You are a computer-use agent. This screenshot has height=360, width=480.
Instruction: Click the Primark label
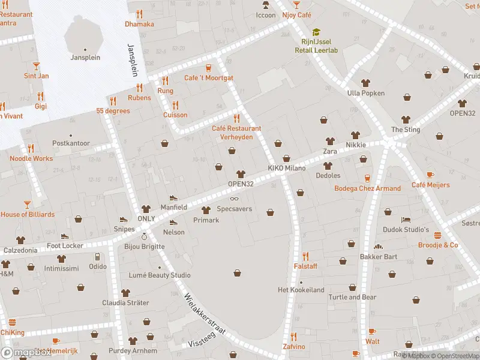pos(206,220)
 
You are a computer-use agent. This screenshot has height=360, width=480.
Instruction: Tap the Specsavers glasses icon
pos(234,199)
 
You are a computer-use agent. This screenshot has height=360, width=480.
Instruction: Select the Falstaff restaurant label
pos(305,266)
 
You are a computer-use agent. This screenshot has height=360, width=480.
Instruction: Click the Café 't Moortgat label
pos(209,78)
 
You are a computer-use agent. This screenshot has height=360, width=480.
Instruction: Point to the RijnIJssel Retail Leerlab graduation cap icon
pos(316,32)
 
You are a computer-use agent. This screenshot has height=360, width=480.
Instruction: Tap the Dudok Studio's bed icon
pos(406,220)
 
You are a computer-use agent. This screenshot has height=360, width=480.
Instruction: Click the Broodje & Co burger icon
pos(437,235)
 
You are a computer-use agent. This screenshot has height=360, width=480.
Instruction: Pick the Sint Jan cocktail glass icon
pos(36,65)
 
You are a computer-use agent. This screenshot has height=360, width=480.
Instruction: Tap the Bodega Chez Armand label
pos(367,188)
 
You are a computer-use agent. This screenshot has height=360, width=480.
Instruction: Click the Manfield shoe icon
pos(173,197)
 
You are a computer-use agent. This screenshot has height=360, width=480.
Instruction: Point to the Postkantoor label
pos(71,143)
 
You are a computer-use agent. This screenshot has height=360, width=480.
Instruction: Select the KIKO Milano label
pos(287,169)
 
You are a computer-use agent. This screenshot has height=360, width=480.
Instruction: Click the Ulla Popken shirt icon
pos(365,83)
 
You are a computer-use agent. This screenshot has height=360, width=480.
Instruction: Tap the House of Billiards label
pos(28,214)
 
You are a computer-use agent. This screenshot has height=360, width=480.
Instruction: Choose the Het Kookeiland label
pos(301,290)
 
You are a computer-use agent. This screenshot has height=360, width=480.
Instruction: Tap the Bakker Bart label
pos(378,257)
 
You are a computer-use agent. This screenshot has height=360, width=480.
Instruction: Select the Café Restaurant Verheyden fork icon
pos(236,118)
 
